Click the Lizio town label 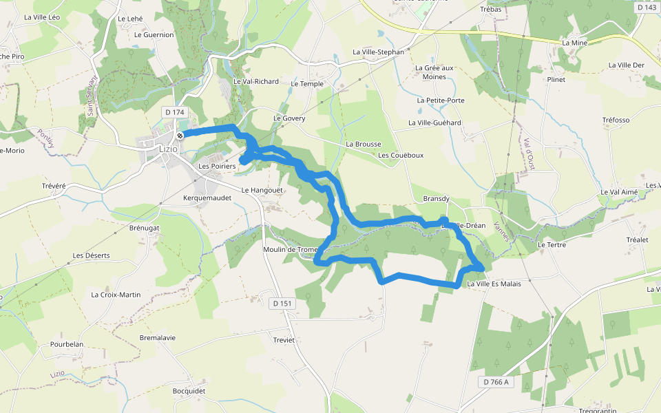168,149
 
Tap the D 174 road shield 175,112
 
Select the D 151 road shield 282,304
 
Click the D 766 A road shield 496,382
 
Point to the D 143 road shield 647,8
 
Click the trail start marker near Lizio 180,136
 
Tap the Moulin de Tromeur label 290,249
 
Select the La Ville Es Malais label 494,284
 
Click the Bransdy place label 436,199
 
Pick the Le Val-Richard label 256,81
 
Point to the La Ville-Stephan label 378,52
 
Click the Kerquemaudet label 207,198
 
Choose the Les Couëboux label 401,155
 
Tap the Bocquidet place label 189,391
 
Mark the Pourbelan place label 67,344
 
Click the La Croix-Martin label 116,295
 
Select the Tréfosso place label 616,120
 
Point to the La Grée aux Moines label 434,72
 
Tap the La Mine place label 574,43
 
